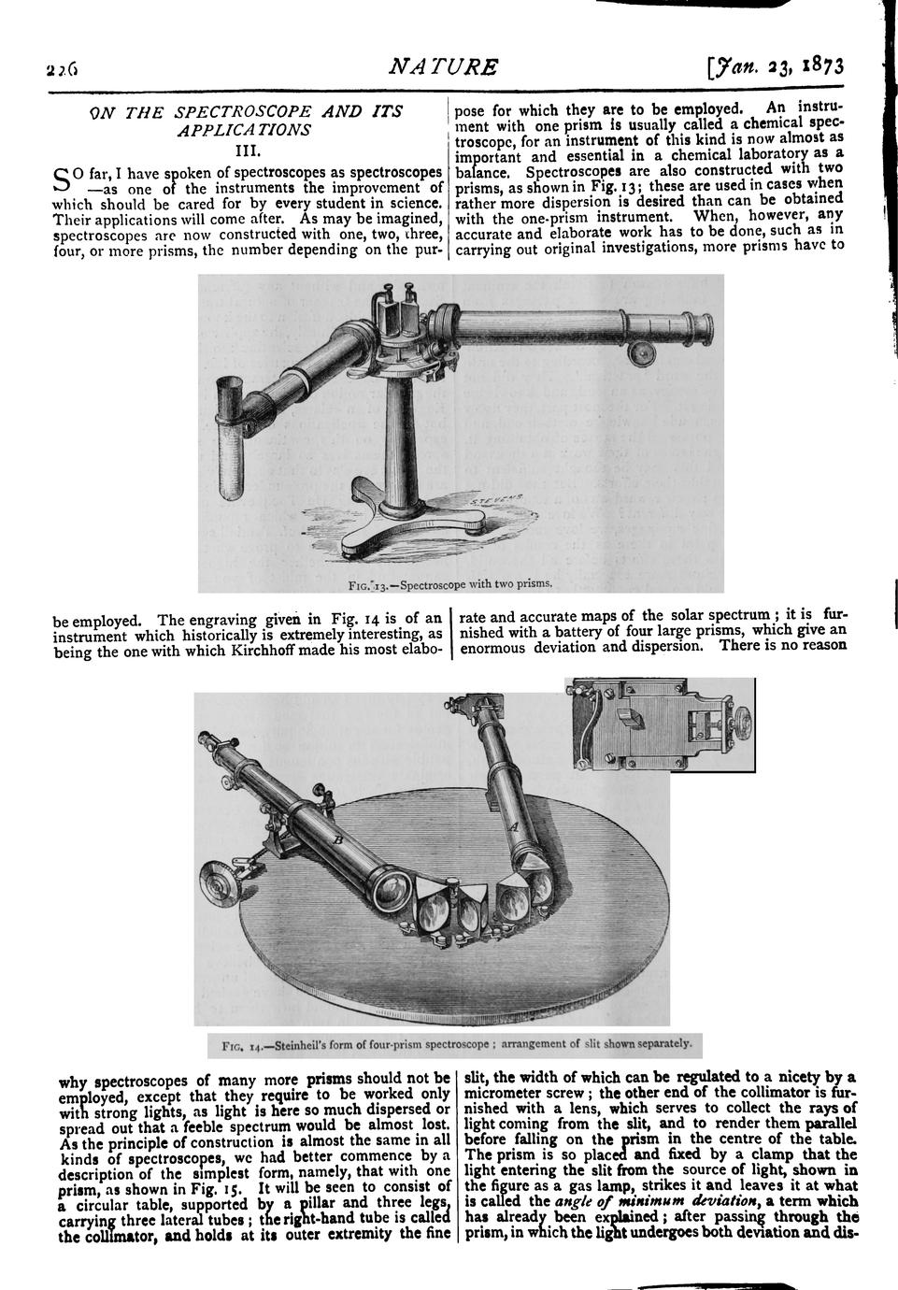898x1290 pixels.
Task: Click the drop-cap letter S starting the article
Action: (x=62, y=178)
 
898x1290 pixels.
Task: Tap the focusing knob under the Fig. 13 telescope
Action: (x=640, y=353)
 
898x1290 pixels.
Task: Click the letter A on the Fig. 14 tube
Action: (x=511, y=825)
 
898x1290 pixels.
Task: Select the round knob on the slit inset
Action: (x=740, y=721)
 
